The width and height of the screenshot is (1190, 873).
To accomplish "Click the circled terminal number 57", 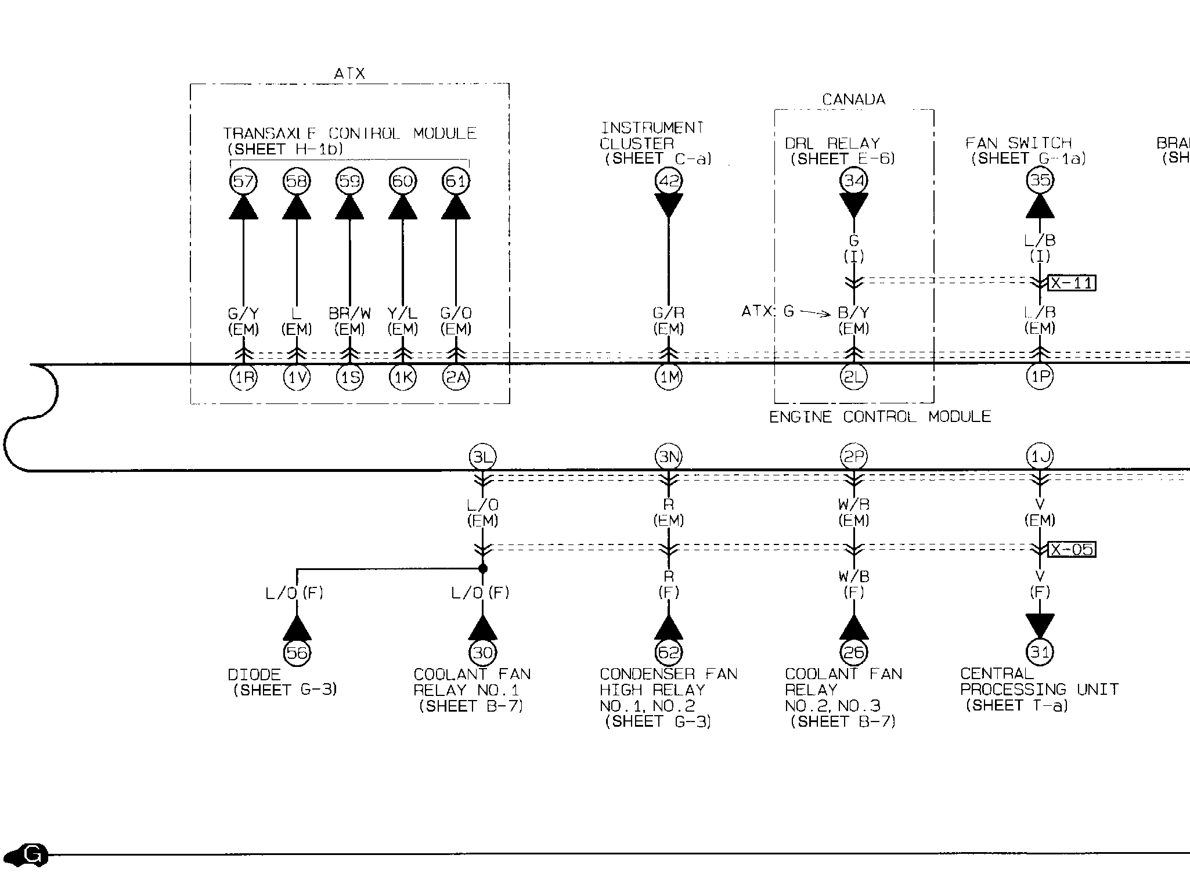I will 243,182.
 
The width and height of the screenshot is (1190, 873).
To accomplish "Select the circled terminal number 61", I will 456,182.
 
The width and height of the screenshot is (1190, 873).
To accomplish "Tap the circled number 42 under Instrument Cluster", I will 669,181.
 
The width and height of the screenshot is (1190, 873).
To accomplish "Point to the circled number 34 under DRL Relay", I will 854,181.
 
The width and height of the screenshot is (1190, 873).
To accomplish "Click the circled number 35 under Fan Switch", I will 1040,181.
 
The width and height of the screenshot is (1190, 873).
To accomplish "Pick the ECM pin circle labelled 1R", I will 244,378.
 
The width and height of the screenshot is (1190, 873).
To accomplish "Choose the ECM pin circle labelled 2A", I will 456,378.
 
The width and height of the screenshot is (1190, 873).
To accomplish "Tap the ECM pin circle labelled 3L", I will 482,457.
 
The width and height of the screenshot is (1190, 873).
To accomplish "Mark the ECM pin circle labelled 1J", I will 1040,457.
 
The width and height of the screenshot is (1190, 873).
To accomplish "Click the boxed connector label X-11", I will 1072,283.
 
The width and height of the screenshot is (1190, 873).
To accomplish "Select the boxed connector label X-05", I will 1072,549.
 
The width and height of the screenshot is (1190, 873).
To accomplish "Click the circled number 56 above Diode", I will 297,653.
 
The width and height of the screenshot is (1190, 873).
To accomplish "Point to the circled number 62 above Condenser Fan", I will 669,653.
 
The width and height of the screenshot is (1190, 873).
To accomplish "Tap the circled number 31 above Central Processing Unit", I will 1040,652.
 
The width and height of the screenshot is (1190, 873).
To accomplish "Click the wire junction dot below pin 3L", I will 482,568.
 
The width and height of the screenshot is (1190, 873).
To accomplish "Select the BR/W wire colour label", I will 349,313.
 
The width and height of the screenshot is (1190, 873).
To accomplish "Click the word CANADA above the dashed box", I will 854,100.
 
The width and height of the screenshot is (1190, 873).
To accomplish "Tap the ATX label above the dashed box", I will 349,74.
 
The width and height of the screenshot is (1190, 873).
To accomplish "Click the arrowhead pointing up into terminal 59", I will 349,208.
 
